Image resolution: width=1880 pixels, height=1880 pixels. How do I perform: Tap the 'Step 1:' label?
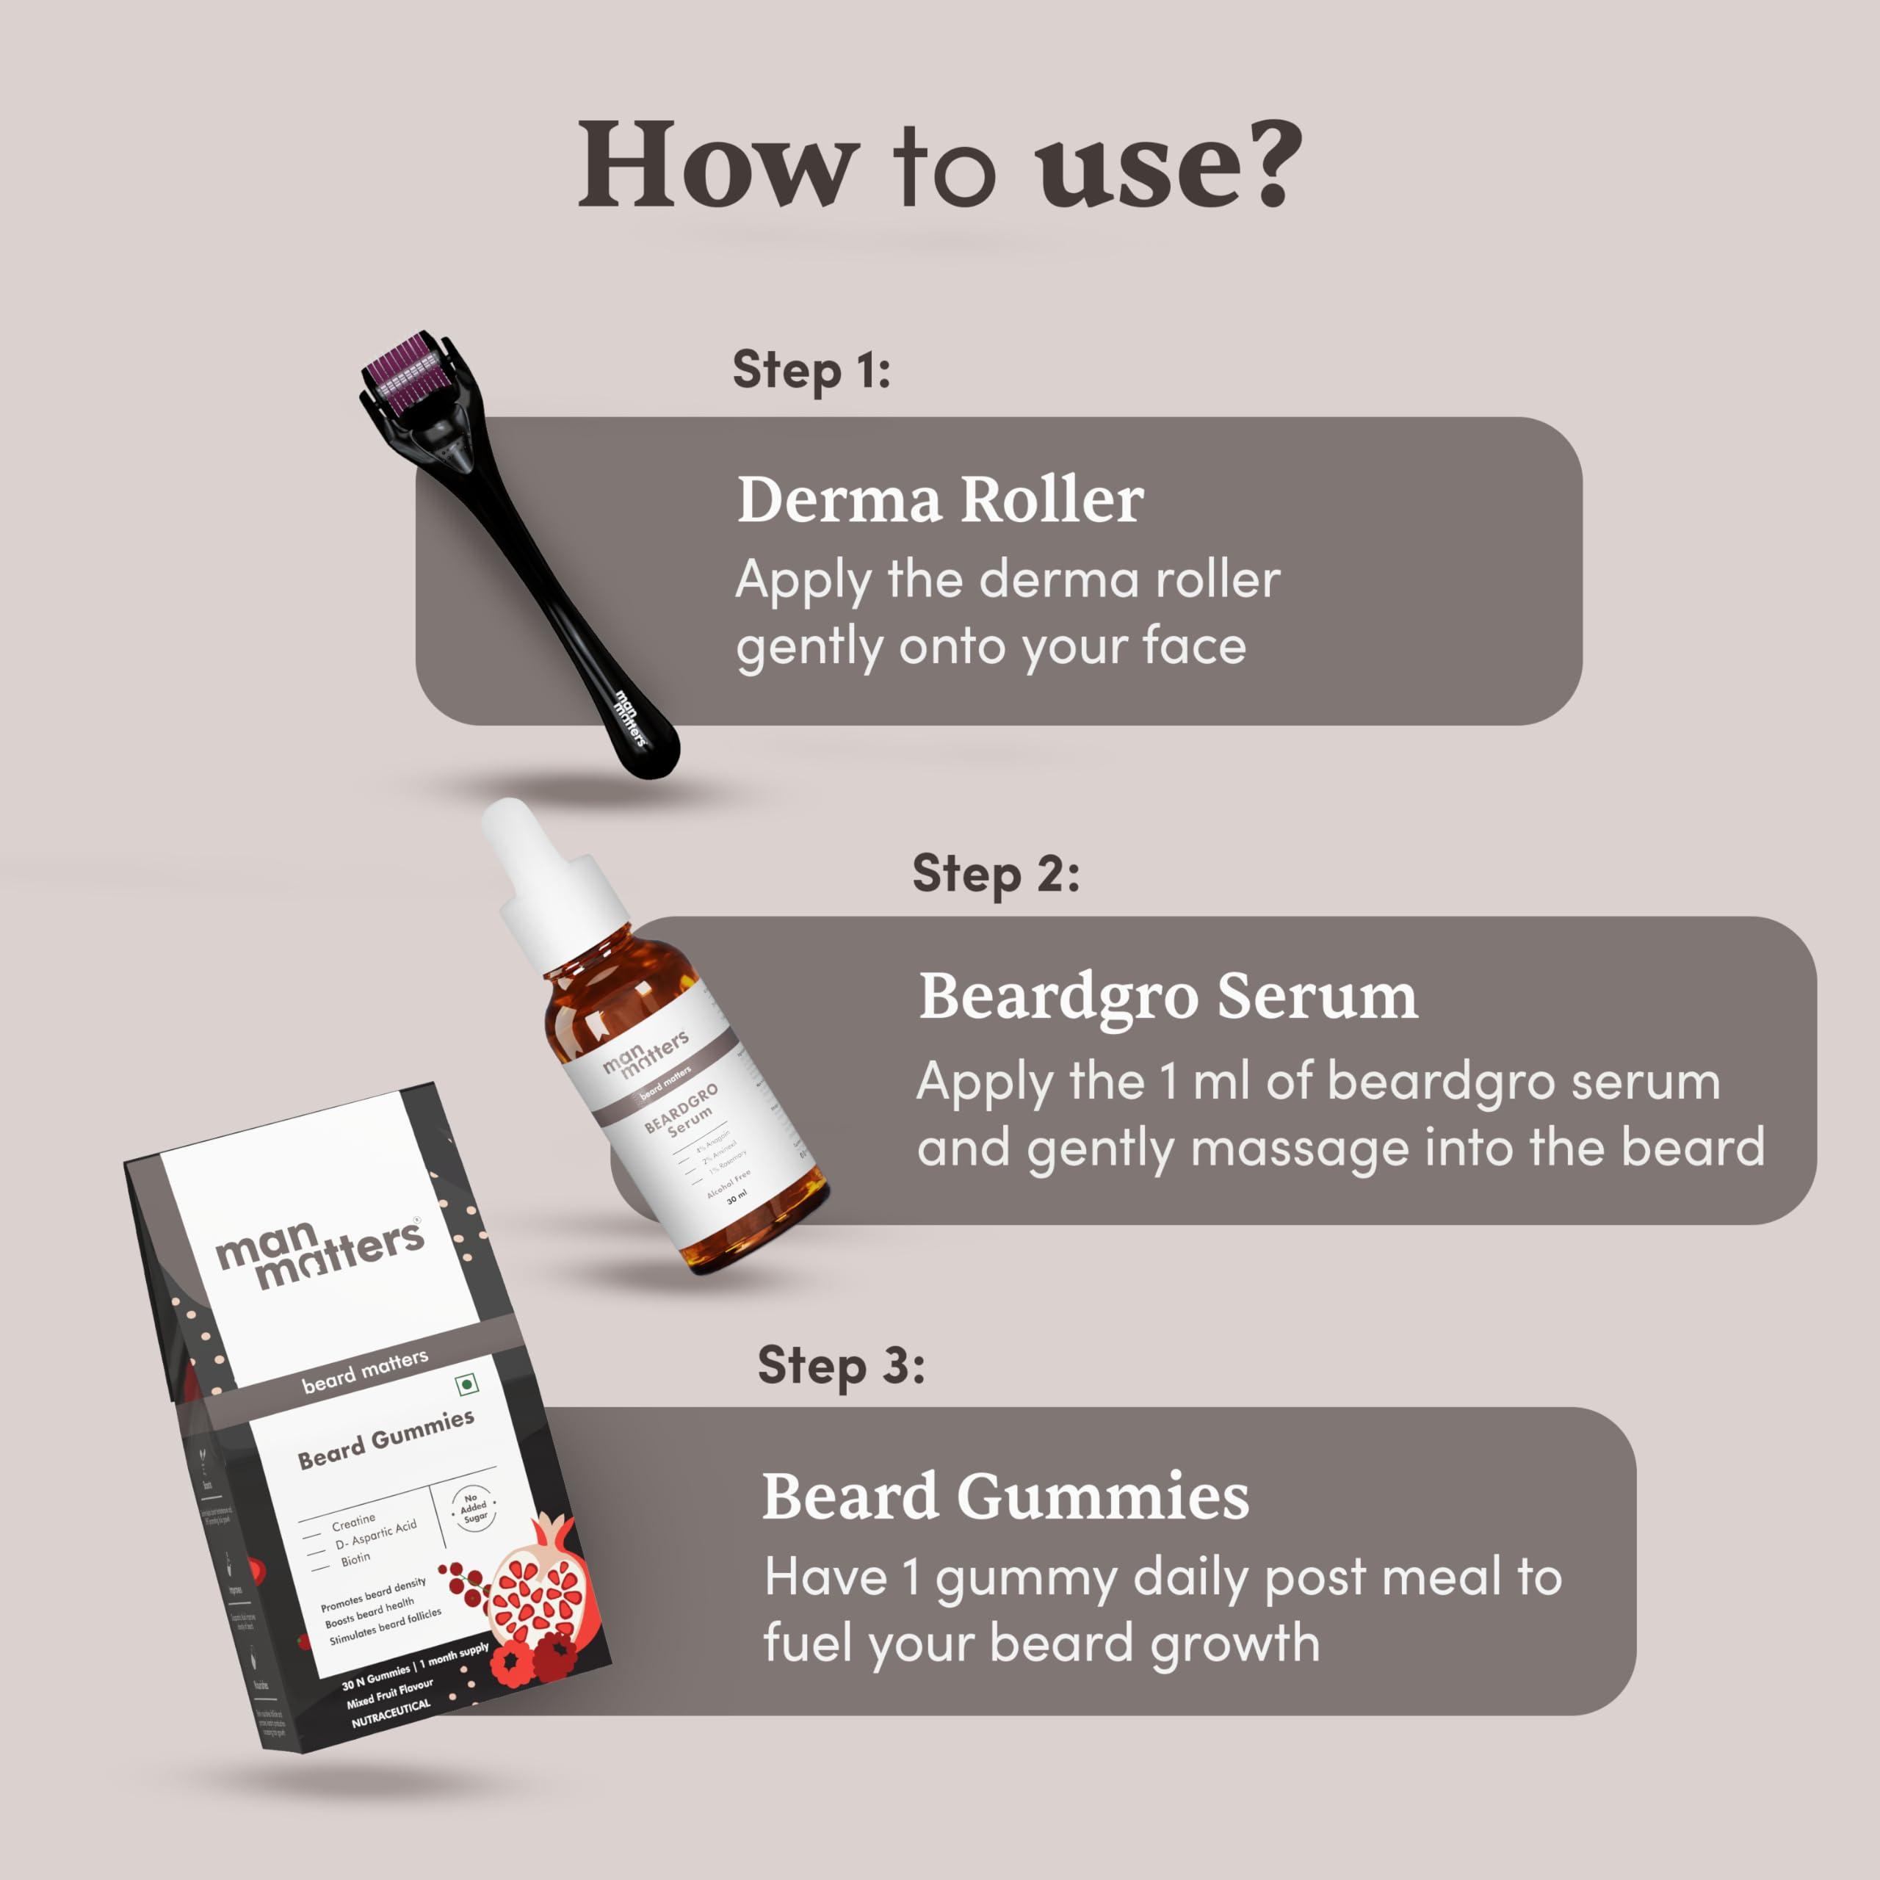811,371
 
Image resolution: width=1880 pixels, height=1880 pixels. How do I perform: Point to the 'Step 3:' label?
841,1365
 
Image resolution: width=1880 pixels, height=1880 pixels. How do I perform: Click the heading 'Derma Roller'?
939,500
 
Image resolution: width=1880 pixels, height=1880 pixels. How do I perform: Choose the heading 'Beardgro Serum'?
1167,997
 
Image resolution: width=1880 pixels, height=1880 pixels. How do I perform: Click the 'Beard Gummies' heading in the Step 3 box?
1004,1497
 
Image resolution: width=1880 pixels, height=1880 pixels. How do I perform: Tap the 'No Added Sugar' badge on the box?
473,1508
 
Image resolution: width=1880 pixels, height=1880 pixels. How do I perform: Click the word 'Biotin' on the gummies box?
355,1560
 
